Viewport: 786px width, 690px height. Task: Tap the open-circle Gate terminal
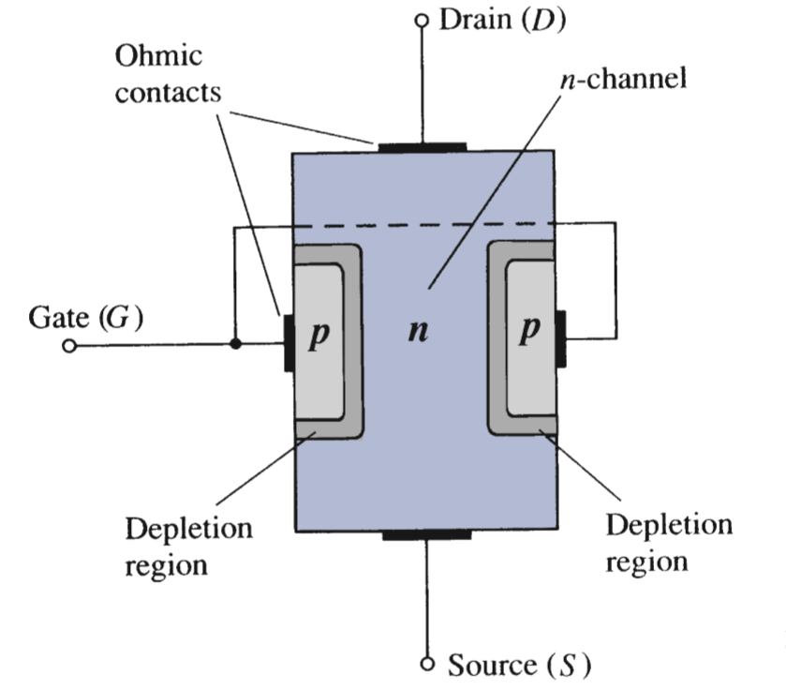(x=67, y=346)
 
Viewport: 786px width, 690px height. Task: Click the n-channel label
(x=624, y=78)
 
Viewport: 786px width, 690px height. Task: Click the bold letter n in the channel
(x=421, y=333)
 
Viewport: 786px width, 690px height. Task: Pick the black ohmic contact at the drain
(x=422, y=146)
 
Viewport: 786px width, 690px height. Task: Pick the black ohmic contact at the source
(x=427, y=534)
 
